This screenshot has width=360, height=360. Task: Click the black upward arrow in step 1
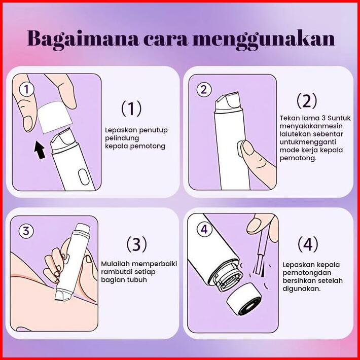(40, 150)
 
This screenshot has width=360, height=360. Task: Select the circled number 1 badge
(27, 89)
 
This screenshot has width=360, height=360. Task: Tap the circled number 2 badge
(204, 89)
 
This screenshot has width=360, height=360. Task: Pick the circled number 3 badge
(26, 231)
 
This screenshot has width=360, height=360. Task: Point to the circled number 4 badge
(204, 229)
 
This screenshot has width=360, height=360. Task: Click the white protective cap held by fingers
(55, 118)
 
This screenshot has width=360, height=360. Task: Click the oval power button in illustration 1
(84, 177)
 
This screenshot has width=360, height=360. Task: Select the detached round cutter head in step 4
(244, 299)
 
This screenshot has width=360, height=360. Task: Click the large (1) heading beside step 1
(131, 109)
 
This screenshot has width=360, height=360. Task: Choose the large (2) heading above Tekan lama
(307, 100)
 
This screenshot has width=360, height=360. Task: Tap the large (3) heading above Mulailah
(136, 244)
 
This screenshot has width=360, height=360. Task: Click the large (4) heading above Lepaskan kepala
(308, 244)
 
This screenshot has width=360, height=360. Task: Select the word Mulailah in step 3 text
(116, 264)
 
